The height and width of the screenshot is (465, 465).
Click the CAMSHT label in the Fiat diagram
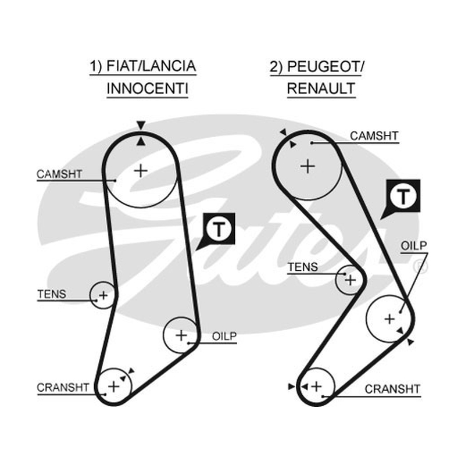pos(59,174)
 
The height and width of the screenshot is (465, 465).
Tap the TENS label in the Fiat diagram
pos(52,294)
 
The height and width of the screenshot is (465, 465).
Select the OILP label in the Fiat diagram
pos(224,337)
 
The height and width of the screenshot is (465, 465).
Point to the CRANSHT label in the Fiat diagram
pos(63,387)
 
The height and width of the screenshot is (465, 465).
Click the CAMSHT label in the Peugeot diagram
pos(374,136)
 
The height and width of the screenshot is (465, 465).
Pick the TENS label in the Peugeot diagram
pos(303,267)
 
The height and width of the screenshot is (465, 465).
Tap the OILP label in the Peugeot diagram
pos(414,245)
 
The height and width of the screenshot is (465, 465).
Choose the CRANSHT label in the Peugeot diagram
pos(392,389)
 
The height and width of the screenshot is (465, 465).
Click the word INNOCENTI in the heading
pos(148,88)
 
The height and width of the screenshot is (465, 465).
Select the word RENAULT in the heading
pos(321,88)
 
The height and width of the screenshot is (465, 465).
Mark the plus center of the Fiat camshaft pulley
pos(141,171)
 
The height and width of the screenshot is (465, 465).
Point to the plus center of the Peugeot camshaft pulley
pos(308,166)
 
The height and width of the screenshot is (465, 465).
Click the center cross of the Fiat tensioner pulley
pos(103,295)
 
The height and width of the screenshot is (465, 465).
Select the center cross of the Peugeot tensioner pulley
pos(350,280)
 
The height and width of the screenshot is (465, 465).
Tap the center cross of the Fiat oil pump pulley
pos(181,335)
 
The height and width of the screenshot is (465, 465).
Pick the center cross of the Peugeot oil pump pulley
pos(389,319)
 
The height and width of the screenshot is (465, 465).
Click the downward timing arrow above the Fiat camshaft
pos(141,125)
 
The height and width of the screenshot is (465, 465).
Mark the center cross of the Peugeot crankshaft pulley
pos(317,387)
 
